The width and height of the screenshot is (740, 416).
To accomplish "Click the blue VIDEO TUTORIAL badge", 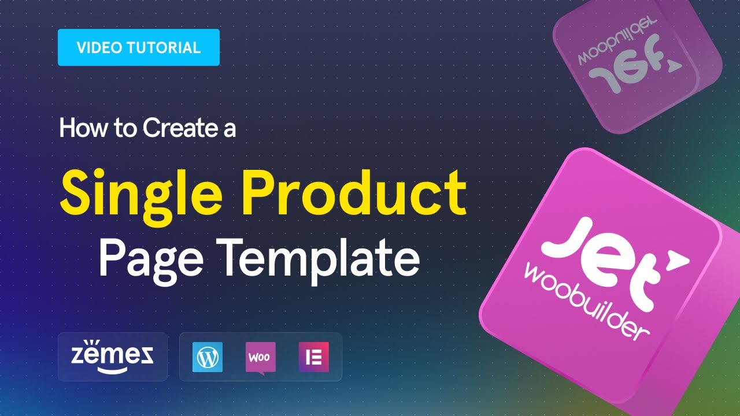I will click(x=139, y=47).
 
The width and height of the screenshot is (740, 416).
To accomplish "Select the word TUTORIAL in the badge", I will click(x=167, y=47).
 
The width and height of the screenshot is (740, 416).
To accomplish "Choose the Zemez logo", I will click(x=112, y=356).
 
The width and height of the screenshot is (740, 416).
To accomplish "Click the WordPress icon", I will click(x=206, y=357).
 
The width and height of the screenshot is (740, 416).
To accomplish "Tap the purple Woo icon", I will click(x=260, y=357).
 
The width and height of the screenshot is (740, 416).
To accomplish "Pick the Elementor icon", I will click(x=314, y=357).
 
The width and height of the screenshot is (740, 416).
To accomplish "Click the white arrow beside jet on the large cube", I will click(x=672, y=262).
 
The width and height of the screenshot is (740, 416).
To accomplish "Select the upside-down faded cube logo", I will click(x=636, y=64).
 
